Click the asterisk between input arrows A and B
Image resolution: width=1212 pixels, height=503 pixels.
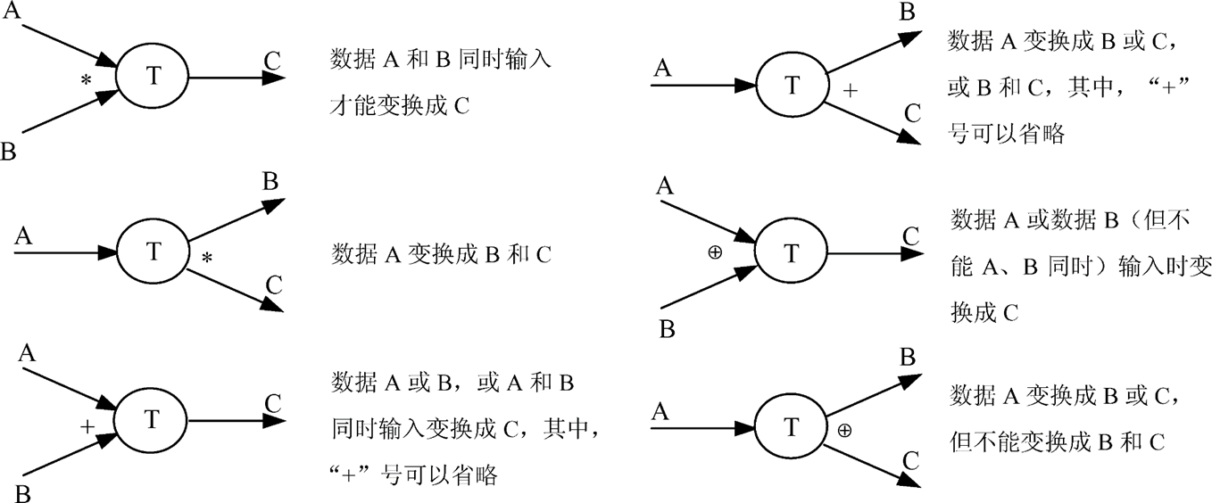pyautogui.click(x=87, y=80)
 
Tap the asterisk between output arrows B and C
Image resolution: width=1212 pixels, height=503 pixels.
pyautogui.click(x=207, y=259)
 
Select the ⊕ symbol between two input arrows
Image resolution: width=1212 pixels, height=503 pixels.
pyautogui.click(x=715, y=252)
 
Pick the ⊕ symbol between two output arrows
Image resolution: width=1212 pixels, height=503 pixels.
pyautogui.click(x=843, y=430)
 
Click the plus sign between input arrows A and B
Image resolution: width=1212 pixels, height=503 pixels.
pyautogui.click(x=87, y=426)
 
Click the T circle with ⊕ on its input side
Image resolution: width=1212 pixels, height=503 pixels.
pyautogui.click(x=792, y=253)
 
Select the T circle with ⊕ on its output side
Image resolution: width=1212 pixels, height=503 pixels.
pyautogui.click(x=792, y=428)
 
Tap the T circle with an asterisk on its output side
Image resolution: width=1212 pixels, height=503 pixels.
pyautogui.click(x=153, y=252)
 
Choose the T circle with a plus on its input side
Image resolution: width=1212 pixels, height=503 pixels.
pyautogui.click(x=153, y=420)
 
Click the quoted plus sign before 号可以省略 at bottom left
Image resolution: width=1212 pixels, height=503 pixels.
pyautogui.click(x=353, y=474)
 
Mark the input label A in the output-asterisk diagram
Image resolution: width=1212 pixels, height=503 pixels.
pyautogui.click(x=23, y=236)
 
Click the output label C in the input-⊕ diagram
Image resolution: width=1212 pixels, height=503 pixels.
pyautogui.click(x=910, y=235)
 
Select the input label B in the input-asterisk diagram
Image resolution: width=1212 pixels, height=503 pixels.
pyautogui.click(x=9, y=152)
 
